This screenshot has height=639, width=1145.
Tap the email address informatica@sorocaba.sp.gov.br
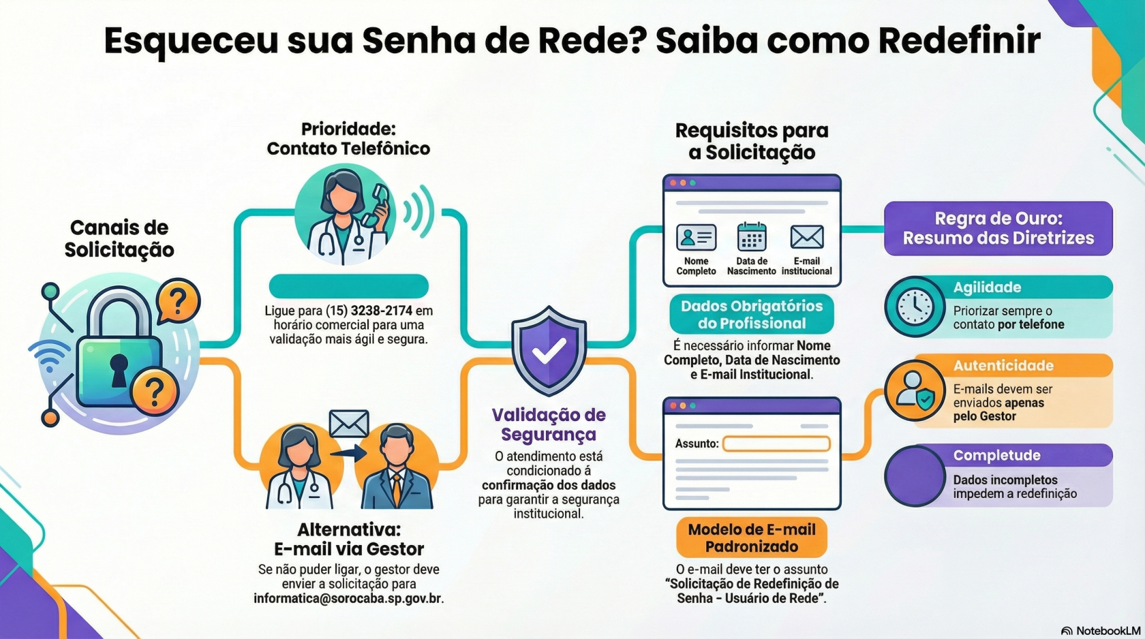coord(348,599)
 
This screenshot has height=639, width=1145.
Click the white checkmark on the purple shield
coord(549,352)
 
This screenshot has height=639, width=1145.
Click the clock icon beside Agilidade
coord(915,307)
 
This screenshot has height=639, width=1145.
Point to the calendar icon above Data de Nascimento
coord(752,237)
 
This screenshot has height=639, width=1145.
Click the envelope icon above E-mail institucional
coord(807,237)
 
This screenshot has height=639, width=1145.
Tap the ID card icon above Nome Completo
coord(696,237)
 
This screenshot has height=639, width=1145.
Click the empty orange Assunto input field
coord(776,444)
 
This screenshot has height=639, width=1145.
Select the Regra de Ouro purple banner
coord(998,228)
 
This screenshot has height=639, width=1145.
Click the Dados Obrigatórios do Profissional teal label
coord(752,314)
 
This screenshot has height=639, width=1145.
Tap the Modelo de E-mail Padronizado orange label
coord(752,537)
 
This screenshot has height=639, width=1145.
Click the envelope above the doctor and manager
coord(349,424)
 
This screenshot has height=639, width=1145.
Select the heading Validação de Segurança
coord(549,424)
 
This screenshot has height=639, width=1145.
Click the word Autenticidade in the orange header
coord(1003,366)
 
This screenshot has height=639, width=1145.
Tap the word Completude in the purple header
coord(996,455)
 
